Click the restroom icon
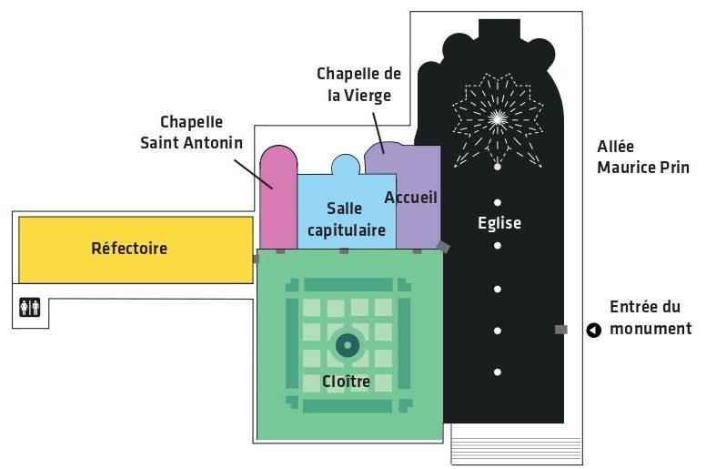(30, 307)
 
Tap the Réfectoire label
(129, 249)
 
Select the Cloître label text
(346, 382)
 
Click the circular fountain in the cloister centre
(348, 345)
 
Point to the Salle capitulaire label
(347, 219)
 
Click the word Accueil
(410, 198)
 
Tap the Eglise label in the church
(499, 223)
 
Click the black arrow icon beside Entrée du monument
(594, 331)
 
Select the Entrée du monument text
(651, 318)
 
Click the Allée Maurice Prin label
(643, 157)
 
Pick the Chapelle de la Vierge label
(358, 85)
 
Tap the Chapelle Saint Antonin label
(191, 132)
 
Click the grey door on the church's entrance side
(561, 330)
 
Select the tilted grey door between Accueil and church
(443, 247)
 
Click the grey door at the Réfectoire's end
(256, 259)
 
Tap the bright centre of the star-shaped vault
(497, 118)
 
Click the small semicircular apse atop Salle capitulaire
(346, 165)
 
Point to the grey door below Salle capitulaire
(344, 251)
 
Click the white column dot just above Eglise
(498, 203)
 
